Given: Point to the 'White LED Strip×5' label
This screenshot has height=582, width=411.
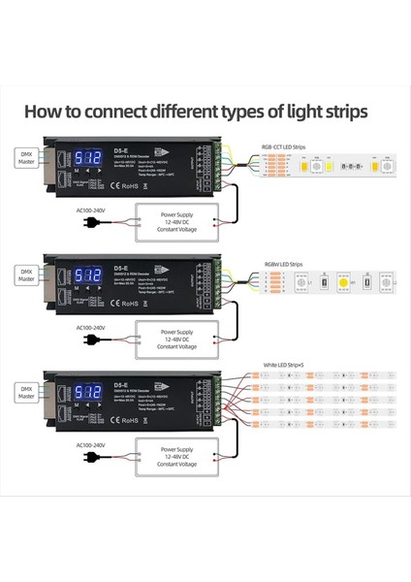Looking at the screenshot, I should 283,366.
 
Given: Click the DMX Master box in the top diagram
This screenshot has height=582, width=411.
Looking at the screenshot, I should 26,157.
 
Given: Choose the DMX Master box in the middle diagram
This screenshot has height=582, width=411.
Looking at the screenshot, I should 26,275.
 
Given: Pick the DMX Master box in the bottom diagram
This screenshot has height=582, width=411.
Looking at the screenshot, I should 26,391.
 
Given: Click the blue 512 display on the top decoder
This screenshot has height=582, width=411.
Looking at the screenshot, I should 89,157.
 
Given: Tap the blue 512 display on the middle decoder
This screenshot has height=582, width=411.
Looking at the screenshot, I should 89,275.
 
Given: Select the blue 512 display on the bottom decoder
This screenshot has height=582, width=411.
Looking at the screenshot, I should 89,392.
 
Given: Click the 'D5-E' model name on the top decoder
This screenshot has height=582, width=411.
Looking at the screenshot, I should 120,150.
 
